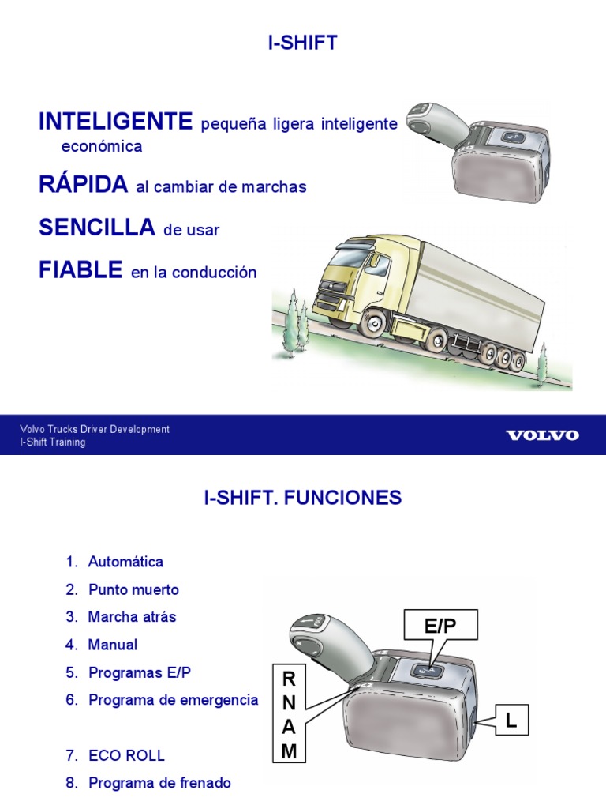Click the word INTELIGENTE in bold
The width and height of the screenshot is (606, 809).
tap(115, 122)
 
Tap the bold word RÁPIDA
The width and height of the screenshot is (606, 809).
tap(83, 185)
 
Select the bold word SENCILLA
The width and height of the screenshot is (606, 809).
tap(96, 228)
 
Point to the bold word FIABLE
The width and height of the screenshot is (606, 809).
tap(80, 270)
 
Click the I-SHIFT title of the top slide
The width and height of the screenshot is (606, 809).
tap(303, 43)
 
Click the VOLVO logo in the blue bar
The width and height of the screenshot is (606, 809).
tap(542, 435)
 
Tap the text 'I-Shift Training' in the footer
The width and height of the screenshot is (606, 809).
tap(53, 442)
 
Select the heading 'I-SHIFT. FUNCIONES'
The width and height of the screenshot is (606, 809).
tap(303, 498)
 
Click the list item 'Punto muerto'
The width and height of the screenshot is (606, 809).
tap(133, 590)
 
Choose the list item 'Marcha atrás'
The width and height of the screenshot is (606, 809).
tap(132, 618)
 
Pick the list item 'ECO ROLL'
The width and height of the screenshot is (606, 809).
tap(126, 755)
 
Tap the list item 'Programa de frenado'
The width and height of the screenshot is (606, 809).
tap(159, 783)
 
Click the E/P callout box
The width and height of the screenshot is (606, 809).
tap(440, 627)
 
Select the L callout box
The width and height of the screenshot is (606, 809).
tap(511, 721)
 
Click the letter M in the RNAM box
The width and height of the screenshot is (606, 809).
tap(289, 752)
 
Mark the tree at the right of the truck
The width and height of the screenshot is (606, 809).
tap(542, 363)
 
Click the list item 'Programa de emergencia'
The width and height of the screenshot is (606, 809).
tap(173, 700)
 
